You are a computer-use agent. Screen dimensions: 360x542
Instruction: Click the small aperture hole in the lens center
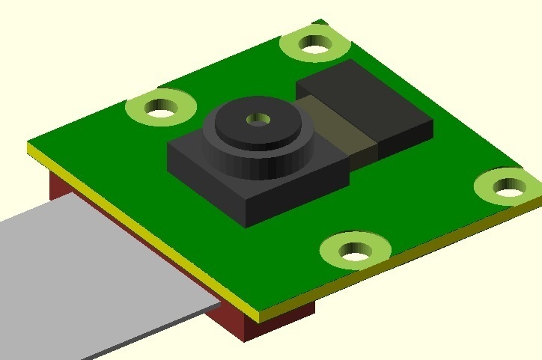(258, 118)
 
